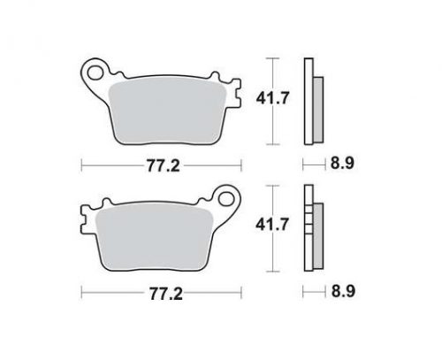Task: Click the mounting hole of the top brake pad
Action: point(95,73)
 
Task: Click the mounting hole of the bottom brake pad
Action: point(226,199)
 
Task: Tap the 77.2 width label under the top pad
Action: point(164,166)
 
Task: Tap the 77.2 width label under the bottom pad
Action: point(166,294)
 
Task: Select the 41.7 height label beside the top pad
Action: point(272,98)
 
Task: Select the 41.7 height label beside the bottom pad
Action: point(272,225)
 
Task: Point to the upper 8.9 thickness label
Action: point(342,163)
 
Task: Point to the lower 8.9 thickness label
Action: point(343,291)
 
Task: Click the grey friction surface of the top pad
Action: point(167,112)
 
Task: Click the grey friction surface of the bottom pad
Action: point(155,239)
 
